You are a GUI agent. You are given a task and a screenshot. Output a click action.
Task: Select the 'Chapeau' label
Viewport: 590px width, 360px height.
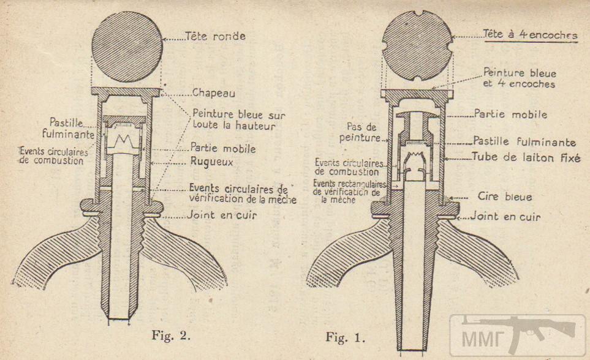(x=214, y=94)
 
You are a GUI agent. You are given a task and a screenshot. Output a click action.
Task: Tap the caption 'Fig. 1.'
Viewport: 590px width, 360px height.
(x=346, y=337)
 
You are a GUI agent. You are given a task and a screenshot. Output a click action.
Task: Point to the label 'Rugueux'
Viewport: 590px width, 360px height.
(x=214, y=163)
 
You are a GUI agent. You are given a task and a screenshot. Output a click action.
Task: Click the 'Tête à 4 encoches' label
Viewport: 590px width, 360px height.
(x=530, y=35)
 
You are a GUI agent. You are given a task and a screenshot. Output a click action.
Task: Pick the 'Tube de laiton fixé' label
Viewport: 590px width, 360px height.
(x=524, y=157)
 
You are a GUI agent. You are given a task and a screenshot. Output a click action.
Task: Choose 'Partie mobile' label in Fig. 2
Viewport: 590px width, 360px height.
(x=223, y=148)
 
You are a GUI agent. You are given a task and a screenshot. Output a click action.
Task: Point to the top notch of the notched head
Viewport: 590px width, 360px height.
(x=417, y=13)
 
